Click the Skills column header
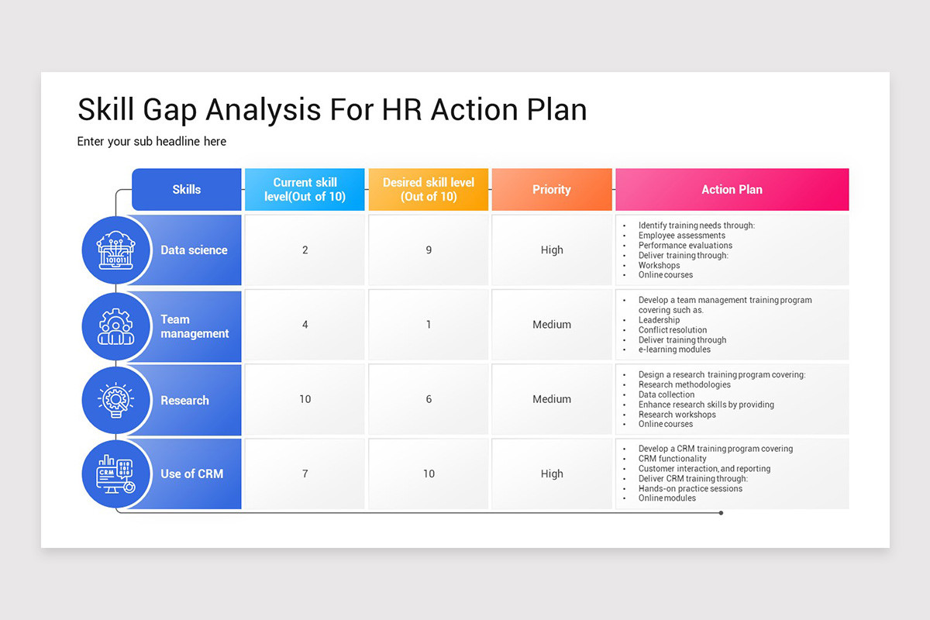pos(186,189)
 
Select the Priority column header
pos(551,189)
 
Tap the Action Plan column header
pos(732,189)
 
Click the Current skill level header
pos(305,189)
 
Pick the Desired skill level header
pos(429,189)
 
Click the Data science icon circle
pos(115,250)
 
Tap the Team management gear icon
pos(115,325)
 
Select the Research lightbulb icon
pos(115,400)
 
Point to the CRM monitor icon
pos(115,474)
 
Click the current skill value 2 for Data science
pos(305,250)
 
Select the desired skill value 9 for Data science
pos(429,250)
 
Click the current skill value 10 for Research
pos(305,399)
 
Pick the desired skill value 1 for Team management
pos(429,325)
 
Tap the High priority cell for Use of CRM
pos(551,474)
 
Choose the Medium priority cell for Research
pos(551,399)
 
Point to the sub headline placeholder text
pos(152,141)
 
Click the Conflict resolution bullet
pos(672,330)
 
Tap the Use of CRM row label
pos(191,474)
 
